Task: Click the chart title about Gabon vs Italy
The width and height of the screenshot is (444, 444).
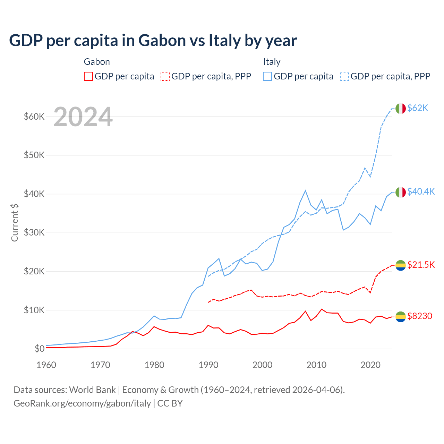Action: (153, 41)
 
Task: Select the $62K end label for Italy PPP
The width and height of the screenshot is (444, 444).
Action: (418, 108)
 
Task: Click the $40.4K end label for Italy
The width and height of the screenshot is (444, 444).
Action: (421, 192)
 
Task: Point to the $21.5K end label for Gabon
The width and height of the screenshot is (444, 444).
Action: (421, 265)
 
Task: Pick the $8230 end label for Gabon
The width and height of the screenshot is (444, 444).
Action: (420, 316)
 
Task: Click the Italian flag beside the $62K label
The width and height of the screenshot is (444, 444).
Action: (401, 109)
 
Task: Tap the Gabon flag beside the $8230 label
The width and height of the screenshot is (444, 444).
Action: (401, 316)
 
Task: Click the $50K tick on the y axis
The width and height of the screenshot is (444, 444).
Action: (34, 155)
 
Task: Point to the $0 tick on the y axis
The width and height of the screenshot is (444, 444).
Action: (40, 349)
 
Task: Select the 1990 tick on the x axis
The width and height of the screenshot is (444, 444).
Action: (208, 365)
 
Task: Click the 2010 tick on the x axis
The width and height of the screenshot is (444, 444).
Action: (316, 365)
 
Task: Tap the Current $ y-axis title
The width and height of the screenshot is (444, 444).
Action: (15, 222)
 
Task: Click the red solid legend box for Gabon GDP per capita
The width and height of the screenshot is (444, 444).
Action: (88, 76)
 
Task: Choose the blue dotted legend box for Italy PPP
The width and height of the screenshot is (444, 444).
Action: (344, 76)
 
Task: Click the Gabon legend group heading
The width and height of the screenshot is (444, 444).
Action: (97, 62)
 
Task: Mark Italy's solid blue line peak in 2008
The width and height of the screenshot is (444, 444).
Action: (305, 190)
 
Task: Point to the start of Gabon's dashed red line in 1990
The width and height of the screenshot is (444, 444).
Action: (208, 302)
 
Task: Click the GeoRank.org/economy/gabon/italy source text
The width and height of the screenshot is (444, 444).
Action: (82, 403)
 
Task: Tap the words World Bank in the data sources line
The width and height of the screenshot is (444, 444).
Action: (92, 390)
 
